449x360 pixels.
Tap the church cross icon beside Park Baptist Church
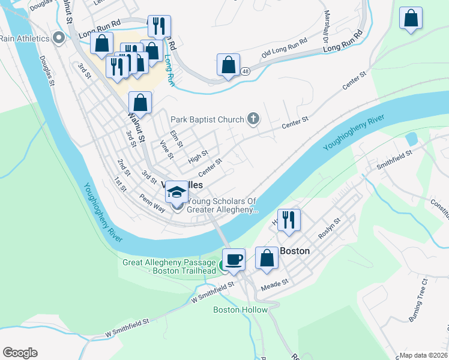253,119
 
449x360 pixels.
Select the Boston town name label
294,251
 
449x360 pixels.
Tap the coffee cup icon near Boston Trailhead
234,259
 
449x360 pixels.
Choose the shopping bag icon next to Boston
267,258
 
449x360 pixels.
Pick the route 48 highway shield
246,71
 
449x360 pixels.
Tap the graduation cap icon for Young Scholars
176,191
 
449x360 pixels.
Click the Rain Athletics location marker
58,39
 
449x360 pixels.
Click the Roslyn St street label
330,229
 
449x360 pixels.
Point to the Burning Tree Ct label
415,300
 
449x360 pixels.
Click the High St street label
197,157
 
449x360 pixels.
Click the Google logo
20,353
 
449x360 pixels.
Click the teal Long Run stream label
170,71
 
